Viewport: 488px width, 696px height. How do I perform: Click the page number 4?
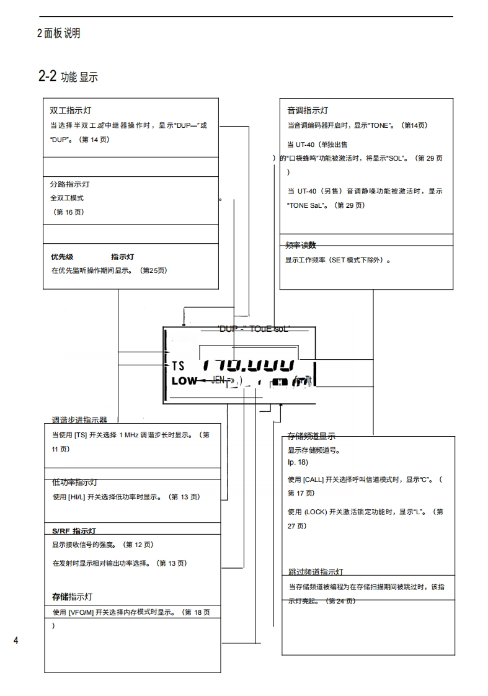tap(16, 640)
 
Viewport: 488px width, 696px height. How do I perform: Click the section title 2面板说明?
tap(58, 33)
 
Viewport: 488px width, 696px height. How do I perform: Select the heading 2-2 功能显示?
tap(68, 77)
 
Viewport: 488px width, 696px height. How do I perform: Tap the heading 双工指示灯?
tap(71, 110)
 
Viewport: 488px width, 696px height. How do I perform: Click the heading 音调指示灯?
tap(308, 110)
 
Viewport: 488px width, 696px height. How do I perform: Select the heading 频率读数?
tap(301, 245)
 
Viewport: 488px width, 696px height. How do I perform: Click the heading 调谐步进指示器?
tap(79, 420)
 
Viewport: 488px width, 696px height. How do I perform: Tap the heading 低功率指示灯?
tap(74, 483)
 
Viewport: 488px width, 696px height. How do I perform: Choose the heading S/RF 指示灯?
tap(74, 531)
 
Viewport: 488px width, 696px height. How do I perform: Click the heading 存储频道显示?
tap(311, 435)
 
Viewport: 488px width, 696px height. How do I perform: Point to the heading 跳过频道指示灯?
tap(316, 571)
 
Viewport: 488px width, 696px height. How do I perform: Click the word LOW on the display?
tap(184, 381)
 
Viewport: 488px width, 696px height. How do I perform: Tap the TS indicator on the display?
tap(178, 366)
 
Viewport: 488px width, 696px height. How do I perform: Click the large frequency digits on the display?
tap(247, 365)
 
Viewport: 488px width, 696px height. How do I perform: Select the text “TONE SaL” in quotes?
tap(308, 205)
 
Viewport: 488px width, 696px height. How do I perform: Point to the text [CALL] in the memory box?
tap(313, 480)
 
